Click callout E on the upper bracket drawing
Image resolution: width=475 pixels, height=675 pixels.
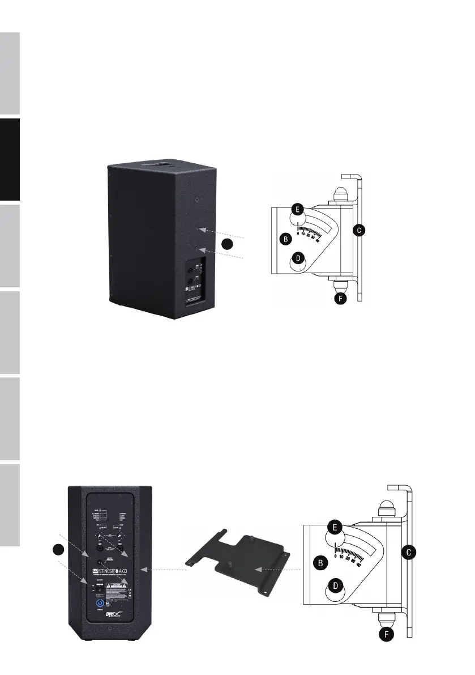point(297,209)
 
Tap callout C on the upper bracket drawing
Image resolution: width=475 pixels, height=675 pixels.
point(357,230)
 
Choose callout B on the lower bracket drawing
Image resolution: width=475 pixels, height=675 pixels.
point(320,563)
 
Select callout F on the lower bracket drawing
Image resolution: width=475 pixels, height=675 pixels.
point(386,635)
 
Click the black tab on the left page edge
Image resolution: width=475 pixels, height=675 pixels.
point(10,159)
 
